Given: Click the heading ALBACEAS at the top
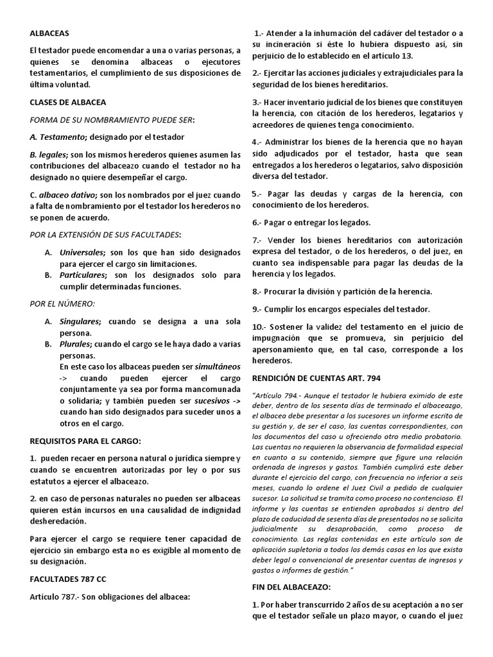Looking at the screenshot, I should click(x=49, y=32).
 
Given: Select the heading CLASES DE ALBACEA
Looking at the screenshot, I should click(x=68, y=102).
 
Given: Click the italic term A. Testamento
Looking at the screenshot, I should click(x=58, y=137).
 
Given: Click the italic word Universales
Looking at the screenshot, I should click(x=82, y=252).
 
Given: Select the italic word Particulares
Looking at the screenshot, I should click(x=83, y=275).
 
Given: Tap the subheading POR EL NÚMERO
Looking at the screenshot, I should click(x=63, y=303).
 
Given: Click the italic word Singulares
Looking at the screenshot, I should click(x=80, y=321).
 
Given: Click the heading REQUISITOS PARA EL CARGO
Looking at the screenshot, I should click(x=85, y=441).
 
